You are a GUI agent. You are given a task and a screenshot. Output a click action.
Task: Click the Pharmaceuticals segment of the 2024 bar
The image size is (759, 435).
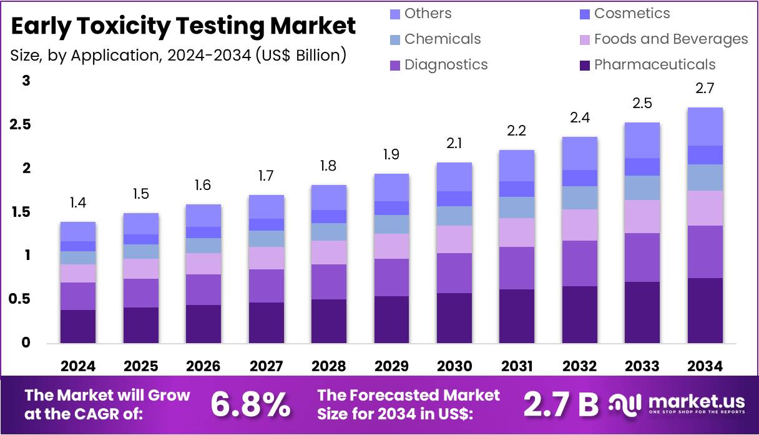point(78,326)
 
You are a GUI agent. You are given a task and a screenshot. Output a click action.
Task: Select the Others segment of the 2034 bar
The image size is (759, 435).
point(705,126)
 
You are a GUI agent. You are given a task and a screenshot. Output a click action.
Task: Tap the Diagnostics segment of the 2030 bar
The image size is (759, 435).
point(454,272)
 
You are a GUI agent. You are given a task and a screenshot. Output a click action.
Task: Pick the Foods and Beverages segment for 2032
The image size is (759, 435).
point(580,224)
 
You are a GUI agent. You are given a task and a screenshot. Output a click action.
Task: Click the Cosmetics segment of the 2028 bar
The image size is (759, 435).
point(329,216)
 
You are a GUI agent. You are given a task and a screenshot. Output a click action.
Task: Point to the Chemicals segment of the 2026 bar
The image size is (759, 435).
point(203,245)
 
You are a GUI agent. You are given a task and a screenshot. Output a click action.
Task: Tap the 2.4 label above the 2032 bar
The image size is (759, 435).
point(580,118)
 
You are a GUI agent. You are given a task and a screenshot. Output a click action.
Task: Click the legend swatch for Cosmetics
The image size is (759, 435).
point(585,14)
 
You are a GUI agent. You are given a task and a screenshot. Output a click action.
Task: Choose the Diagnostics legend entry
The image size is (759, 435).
point(446,65)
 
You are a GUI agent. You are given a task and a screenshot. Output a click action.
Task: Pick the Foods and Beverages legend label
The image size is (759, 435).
point(670,39)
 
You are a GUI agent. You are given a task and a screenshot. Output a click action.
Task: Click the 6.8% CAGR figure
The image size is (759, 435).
point(250,404)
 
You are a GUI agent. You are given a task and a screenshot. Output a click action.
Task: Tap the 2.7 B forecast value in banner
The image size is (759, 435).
point(561,404)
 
